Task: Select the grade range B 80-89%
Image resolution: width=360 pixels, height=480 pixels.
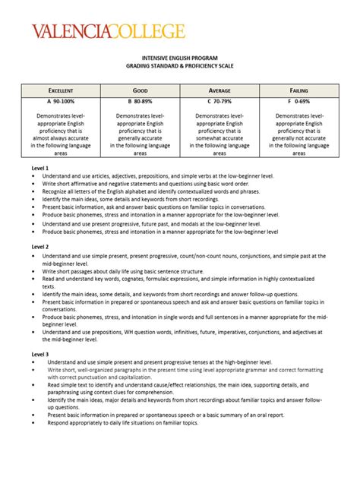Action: [x=139, y=100]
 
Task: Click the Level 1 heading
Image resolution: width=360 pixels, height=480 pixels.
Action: [x=40, y=167]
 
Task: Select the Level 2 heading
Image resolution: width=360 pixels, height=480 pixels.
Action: [x=40, y=247]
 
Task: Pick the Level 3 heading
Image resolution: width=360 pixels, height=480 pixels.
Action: [x=40, y=355]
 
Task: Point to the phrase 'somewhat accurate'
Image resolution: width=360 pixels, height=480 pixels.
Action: [x=219, y=138]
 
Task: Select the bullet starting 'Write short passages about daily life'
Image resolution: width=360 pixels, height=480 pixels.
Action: [x=126, y=271]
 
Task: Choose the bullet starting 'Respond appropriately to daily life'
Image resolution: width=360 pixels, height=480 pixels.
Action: [x=122, y=423]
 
